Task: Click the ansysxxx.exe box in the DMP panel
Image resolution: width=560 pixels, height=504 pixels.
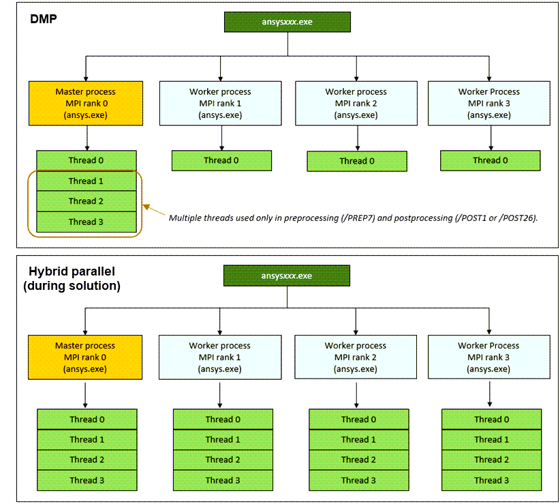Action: tap(287, 22)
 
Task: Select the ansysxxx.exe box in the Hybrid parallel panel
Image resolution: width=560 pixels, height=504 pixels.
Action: tap(287, 276)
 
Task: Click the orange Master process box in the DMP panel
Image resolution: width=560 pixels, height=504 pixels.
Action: tap(86, 103)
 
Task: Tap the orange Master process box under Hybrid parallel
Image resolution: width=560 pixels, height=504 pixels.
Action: tap(85, 357)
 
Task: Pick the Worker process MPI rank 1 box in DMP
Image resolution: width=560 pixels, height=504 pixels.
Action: tap(220, 103)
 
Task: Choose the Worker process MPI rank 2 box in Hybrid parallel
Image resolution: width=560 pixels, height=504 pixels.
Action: tap(355, 357)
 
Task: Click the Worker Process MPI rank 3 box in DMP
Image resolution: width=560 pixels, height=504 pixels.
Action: tap(488, 103)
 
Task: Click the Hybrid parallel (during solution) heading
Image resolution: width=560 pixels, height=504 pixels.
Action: tap(72, 279)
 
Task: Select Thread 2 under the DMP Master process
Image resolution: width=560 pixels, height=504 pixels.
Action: tap(87, 201)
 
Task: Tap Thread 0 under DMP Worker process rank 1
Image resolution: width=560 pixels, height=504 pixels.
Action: tap(221, 160)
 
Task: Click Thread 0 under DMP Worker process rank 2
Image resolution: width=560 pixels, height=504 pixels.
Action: tap(357, 161)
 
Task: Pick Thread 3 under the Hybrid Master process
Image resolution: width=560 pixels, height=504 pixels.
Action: tap(87, 480)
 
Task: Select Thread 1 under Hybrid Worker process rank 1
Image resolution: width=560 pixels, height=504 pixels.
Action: tap(223, 439)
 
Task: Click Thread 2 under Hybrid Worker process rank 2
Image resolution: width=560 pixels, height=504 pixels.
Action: tap(358, 460)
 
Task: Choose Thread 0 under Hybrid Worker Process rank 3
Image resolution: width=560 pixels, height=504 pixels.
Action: tap(491, 419)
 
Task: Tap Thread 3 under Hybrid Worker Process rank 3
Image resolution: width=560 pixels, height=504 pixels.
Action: tap(491, 480)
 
